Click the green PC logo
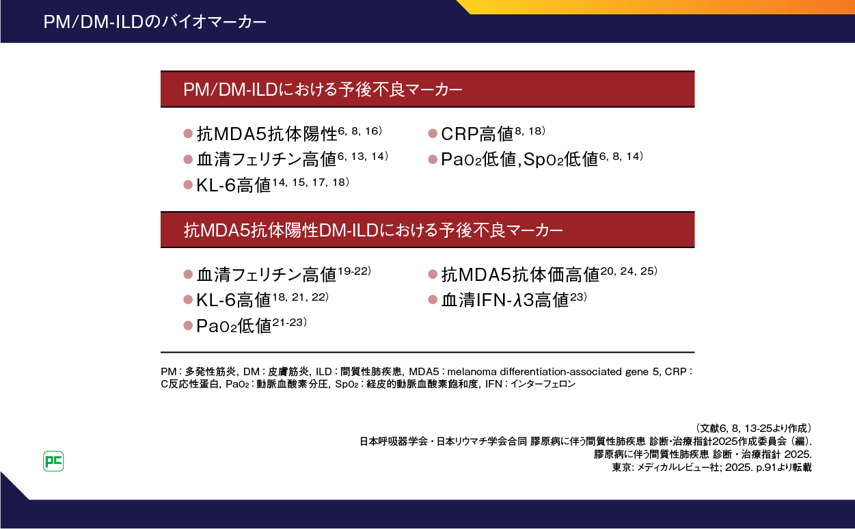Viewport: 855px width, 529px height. point(53,461)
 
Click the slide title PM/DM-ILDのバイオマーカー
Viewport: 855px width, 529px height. point(155,22)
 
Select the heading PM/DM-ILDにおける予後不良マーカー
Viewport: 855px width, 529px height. point(323,90)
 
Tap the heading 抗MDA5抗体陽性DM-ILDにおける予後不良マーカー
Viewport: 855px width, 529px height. point(373,230)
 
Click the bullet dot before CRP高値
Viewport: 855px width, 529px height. point(433,133)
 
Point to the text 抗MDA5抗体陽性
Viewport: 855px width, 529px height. point(267,134)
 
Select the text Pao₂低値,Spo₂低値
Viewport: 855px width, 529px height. point(519,159)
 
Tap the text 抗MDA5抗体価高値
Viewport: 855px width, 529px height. point(520,275)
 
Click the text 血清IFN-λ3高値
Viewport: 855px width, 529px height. point(505,300)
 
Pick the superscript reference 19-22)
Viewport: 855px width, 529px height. point(355,271)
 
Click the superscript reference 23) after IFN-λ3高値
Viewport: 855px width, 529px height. point(578,297)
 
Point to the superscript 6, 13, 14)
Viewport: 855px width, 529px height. point(363,156)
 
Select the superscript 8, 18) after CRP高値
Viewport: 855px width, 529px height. point(530,131)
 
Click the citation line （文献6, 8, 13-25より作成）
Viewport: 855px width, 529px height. point(752,429)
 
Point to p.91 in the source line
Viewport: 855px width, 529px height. point(765,467)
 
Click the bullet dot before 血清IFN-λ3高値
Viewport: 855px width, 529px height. point(433,299)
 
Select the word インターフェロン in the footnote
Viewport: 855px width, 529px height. point(543,384)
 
